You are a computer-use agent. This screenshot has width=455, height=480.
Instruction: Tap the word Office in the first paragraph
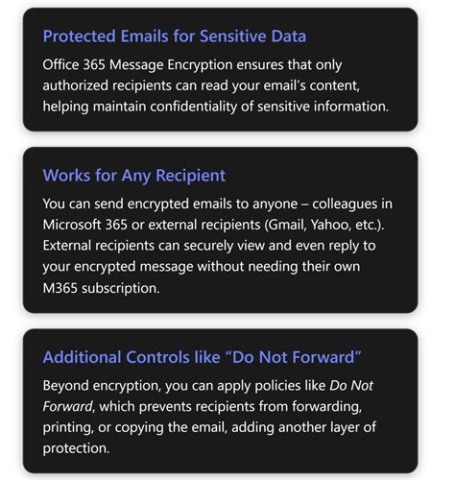point(64,67)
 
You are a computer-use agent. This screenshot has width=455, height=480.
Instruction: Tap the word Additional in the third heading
point(84,358)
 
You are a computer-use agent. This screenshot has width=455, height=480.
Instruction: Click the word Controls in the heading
point(165,358)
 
